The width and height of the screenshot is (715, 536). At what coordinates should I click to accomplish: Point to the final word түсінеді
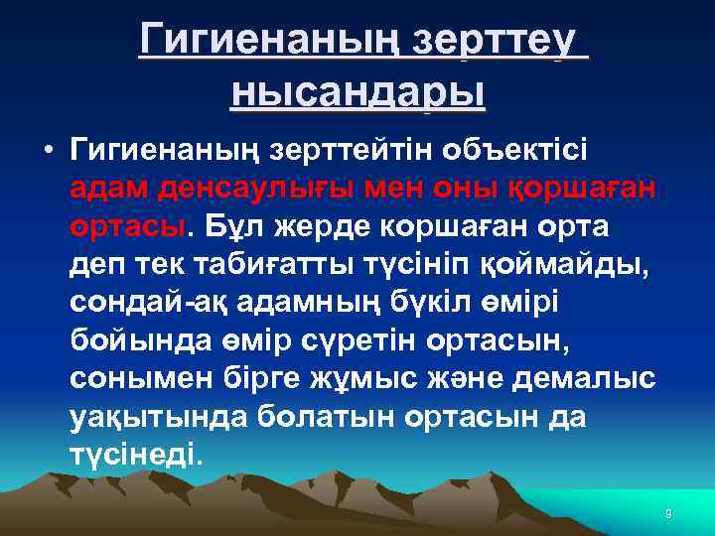pyautogui.click(x=136, y=454)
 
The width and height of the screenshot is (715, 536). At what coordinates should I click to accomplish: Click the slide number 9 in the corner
pyautogui.click(x=668, y=513)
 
